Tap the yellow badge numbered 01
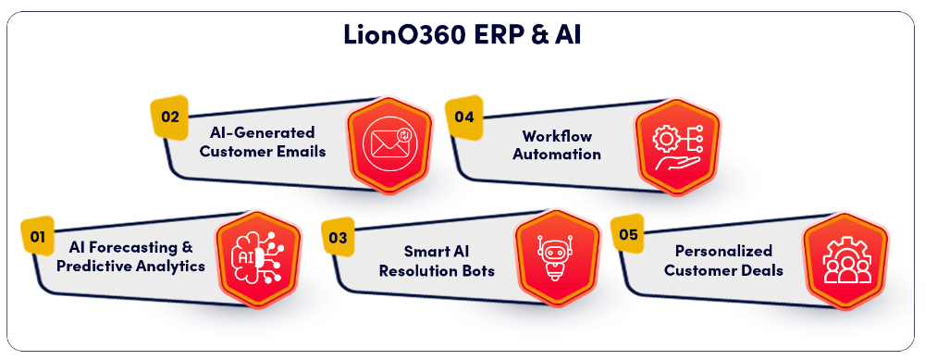[38, 237]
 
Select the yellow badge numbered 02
[169, 117]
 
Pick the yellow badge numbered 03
[338, 237]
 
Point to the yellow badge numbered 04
[464, 117]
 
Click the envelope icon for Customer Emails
[388, 144]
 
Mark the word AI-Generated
[262, 132]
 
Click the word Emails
[300, 151]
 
